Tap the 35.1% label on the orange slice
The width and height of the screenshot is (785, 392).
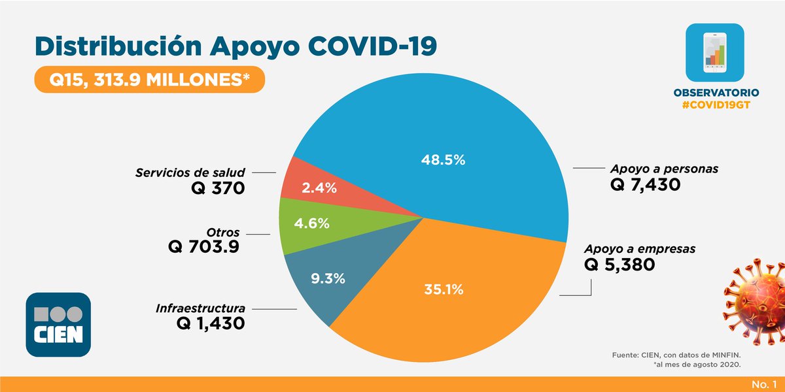coord(442,289)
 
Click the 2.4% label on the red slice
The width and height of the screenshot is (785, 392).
coord(319,188)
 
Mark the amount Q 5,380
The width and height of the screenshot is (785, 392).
coord(619,265)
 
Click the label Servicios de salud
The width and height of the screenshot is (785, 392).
coord(190,173)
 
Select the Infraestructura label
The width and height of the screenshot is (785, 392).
coord(200,307)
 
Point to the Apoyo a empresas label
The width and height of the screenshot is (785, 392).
coord(640,249)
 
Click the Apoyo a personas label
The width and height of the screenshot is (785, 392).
coord(664,169)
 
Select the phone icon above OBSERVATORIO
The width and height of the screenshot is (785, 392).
coord(714,52)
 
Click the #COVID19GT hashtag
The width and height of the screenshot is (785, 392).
coord(714,106)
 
